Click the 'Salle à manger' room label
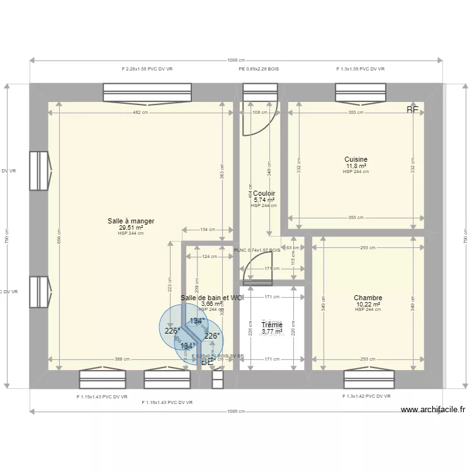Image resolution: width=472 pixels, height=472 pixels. pyautogui.click(x=131, y=222)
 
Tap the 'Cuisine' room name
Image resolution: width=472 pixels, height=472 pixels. pyautogui.click(x=356, y=159)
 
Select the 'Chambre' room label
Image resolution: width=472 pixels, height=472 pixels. pyautogui.click(x=368, y=298)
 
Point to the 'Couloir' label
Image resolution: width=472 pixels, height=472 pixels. pyautogui.click(x=264, y=194)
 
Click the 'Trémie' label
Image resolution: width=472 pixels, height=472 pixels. pyautogui.click(x=272, y=325)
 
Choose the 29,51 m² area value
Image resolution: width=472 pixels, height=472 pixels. pyautogui.click(x=131, y=228)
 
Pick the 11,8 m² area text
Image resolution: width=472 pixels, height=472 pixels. pyautogui.click(x=356, y=166)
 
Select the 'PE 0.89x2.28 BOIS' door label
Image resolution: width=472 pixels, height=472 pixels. pyautogui.click(x=259, y=69)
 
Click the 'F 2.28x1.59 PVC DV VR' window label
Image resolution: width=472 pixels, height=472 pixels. pyautogui.click(x=147, y=69)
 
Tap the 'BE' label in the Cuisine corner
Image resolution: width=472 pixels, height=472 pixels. pyautogui.click(x=412, y=110)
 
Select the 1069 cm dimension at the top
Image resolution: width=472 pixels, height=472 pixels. pyautogui.click(x=237, y=60)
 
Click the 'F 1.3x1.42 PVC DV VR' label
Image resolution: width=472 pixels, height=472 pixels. pyautogui.click(x=366, y=396)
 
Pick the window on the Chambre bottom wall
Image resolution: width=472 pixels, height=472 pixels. pyautogui.click(x=369, y=379)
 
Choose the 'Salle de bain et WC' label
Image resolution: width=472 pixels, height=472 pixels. pyautogui.click(x=211, y=298)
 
